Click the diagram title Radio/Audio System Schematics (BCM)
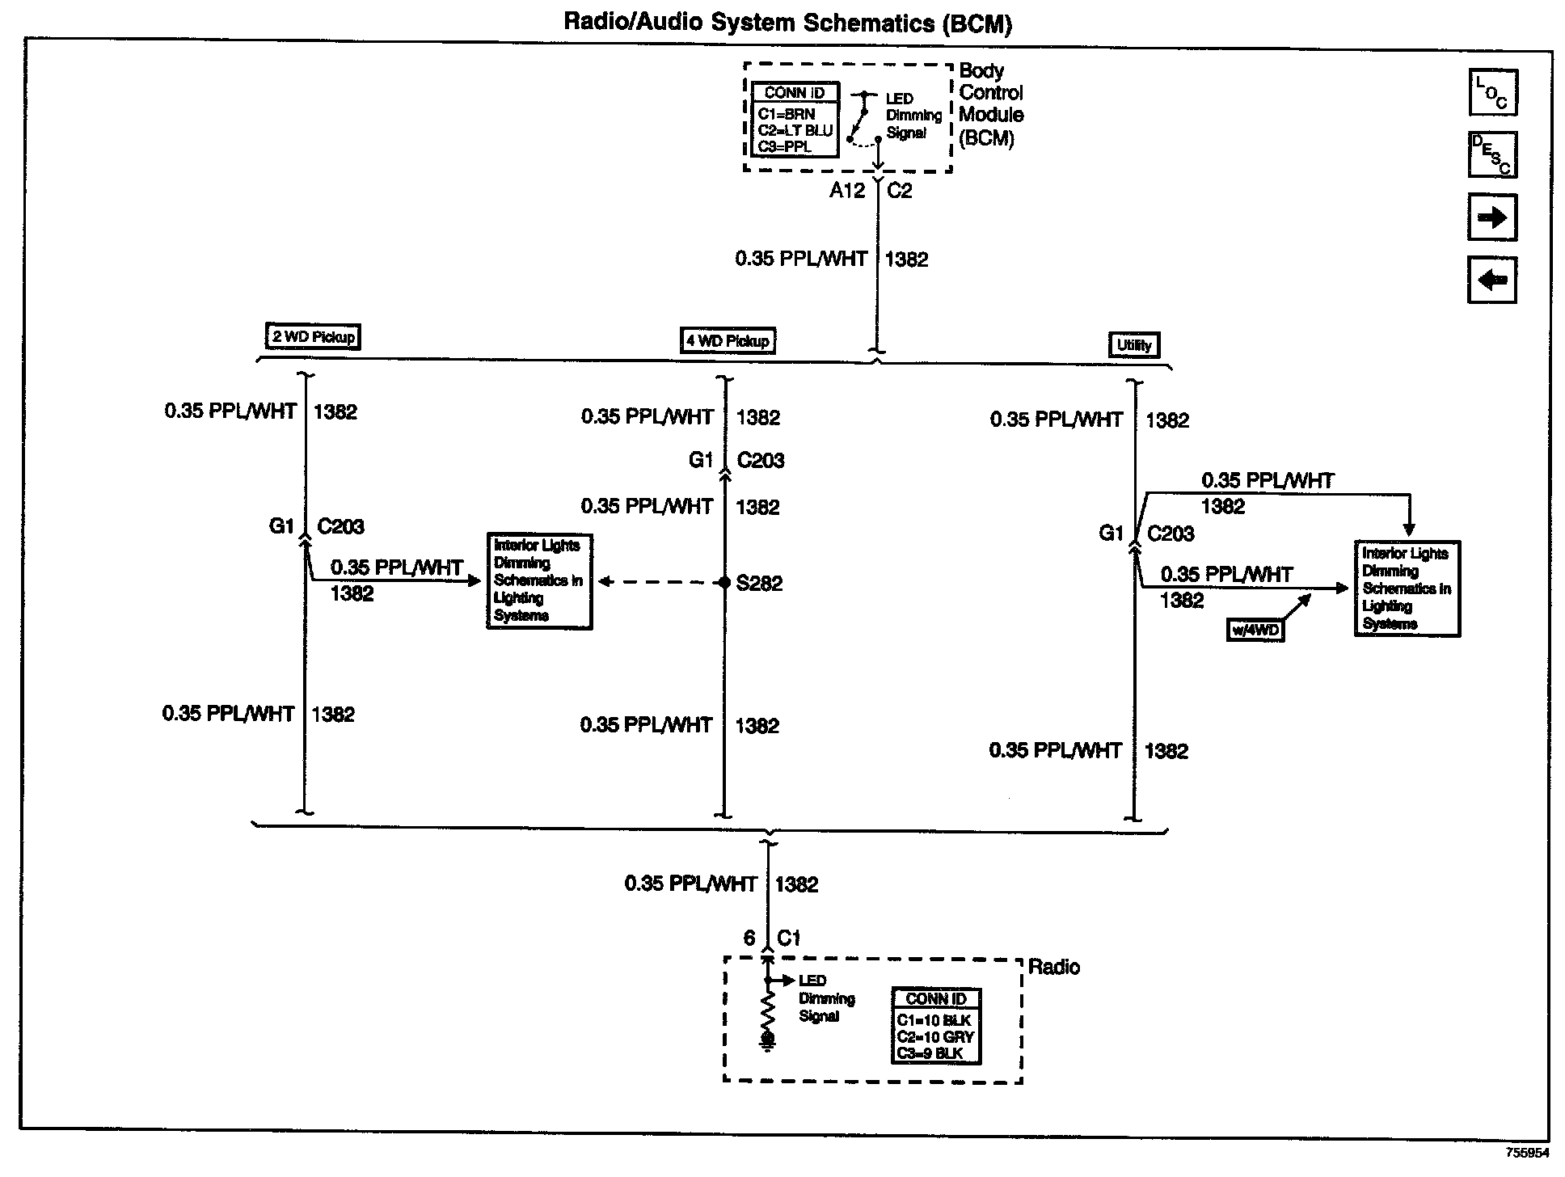coord(787,22)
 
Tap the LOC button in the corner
coord(1492,92)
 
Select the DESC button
coord(1492,154)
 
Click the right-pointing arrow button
coord(1492,217)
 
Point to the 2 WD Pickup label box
coord(313,336)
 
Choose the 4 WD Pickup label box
coord(728,340)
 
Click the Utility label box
coord(1133,345)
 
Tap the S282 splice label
coord(759,584)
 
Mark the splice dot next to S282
coord(725,583)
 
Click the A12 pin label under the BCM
coord(847,191)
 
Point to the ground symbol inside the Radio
coord(768,1041)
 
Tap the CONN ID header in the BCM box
coord(794,93)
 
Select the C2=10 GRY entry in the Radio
coord(935,1037)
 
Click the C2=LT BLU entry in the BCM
coord(794,131)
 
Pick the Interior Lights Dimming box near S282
coord(539,580)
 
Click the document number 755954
coord(1527,1153)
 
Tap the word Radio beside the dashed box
coord(1053,967)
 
